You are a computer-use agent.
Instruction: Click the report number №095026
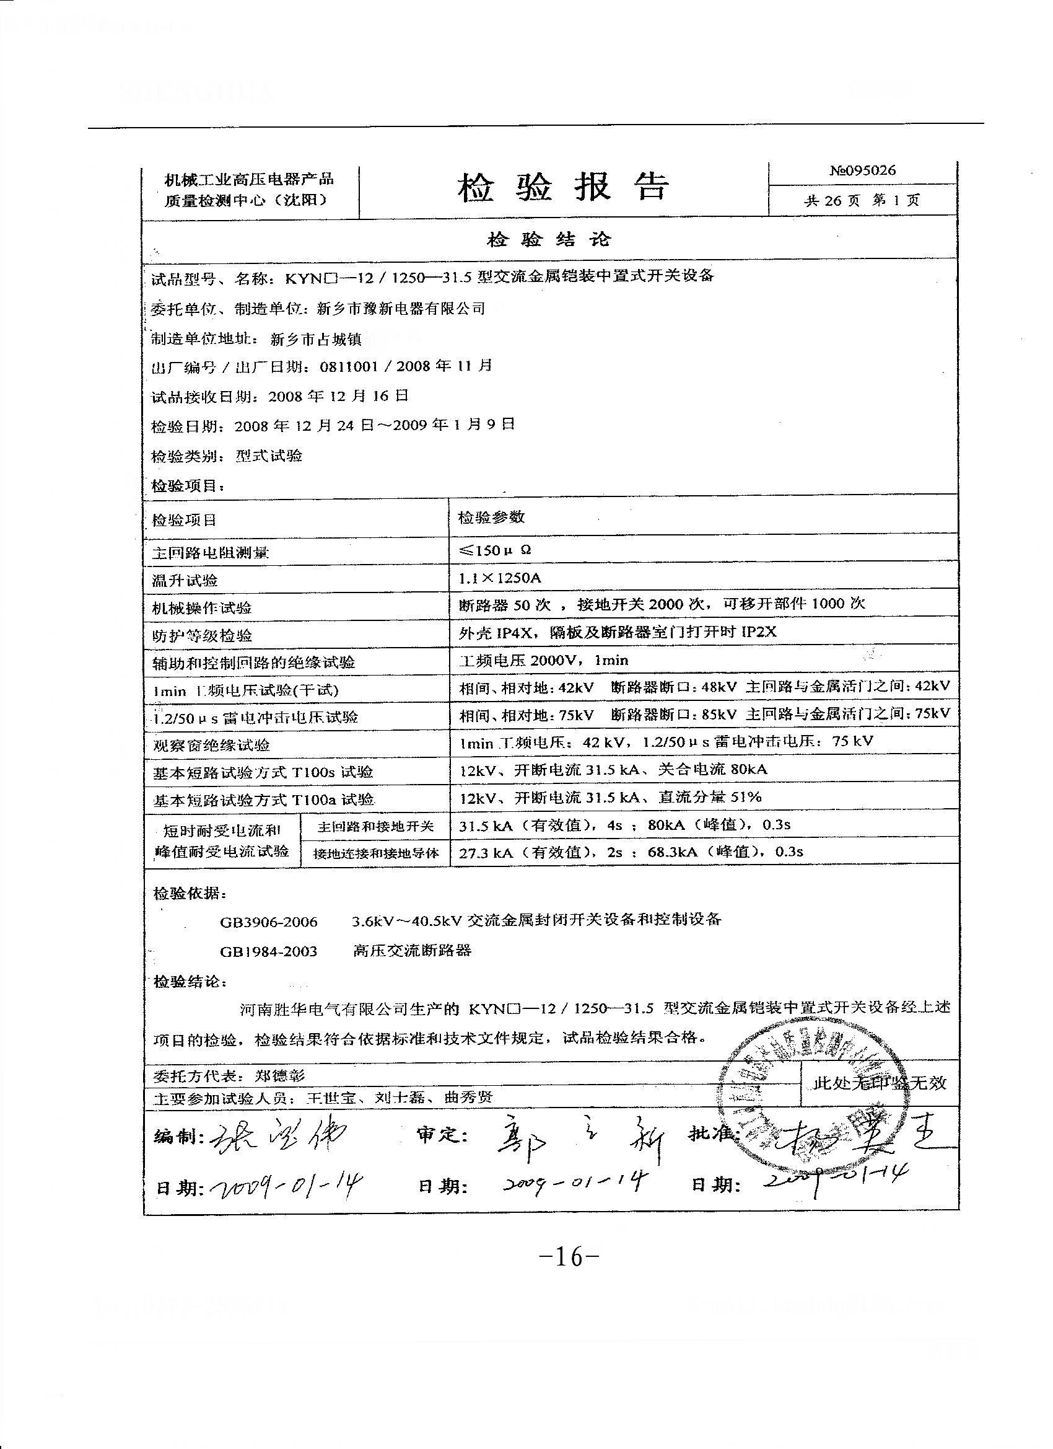(862, 170)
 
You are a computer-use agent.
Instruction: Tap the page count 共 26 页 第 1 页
(862, 201)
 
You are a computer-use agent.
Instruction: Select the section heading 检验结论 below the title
(549, 240)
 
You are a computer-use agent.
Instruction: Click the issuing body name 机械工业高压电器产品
(249, 180)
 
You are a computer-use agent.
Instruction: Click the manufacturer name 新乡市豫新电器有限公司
(401, 309)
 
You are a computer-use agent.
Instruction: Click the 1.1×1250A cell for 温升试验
(500, 578)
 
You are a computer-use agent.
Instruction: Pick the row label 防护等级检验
(202, 636)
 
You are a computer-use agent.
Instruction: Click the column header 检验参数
(491, 517)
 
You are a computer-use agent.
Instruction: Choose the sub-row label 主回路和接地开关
(375, 827)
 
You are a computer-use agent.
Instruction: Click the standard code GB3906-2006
(268, 922)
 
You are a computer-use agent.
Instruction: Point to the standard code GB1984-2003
(268, 951)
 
